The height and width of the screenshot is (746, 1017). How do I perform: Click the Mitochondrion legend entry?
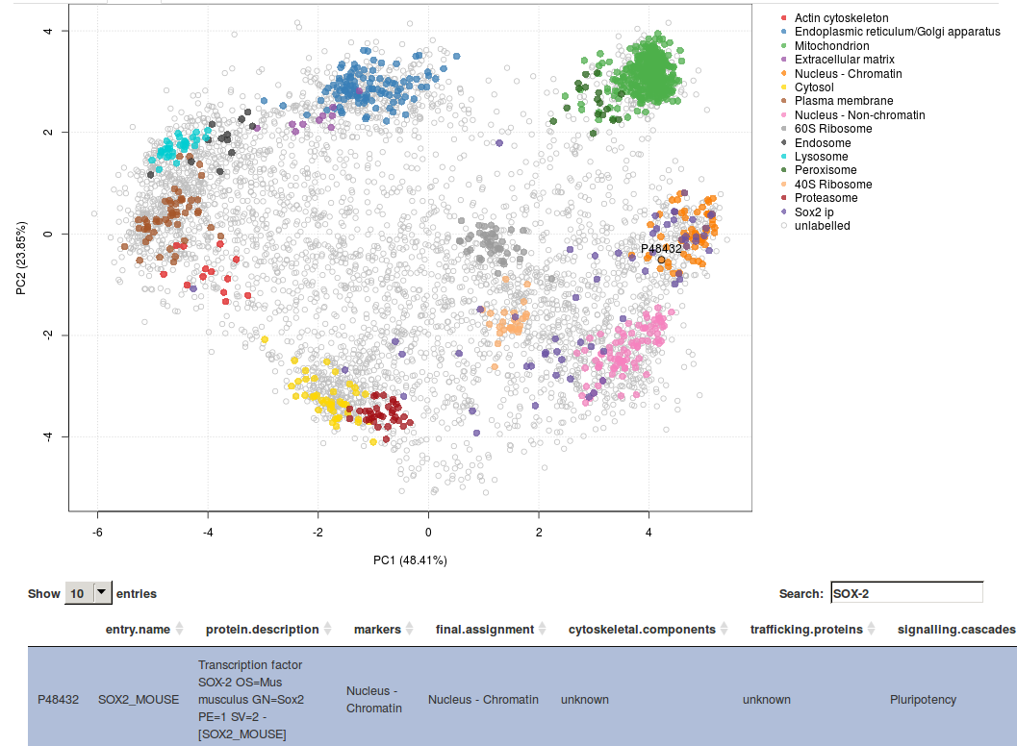[x=831, y=46]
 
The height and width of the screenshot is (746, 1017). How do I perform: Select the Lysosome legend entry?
[x=821, y=157]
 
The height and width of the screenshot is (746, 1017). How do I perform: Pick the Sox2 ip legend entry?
[x=821, y=211]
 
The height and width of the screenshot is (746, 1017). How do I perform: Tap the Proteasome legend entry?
[x=826, y=198]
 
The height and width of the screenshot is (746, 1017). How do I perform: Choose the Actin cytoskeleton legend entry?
[x=841, y=18]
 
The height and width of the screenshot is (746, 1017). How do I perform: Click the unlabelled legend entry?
[x=822, y=226]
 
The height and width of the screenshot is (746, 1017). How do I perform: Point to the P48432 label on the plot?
[x=661, y=248]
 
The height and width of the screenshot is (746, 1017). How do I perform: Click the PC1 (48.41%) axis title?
[x=410, y=559]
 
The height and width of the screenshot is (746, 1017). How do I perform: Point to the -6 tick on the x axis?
[x=97, y=531]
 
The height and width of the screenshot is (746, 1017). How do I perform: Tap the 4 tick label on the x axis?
[x=648, y=531]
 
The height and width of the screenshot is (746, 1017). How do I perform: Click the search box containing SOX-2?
[x=905, y=593]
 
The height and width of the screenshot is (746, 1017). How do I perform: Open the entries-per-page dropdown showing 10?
[x=89, y=593]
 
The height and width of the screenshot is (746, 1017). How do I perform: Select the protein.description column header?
[x=262, y=630]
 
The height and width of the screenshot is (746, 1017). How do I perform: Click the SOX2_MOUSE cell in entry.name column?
[x=139, y=700]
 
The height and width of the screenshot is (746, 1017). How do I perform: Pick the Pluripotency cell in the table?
[x=923, y=700]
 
